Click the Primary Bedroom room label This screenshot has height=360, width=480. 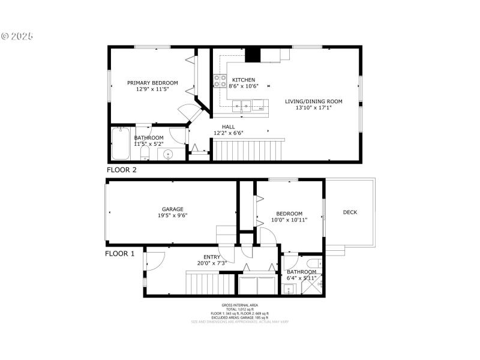152,83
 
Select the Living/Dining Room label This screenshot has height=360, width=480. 313,101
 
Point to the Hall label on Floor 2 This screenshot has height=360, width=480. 229,127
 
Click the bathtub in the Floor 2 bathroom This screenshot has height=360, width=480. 121,143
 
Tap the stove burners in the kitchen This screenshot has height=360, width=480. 220,82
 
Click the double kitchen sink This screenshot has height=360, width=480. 242,107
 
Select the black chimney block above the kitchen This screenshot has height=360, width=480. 253,54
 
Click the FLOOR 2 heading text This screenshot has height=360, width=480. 122,170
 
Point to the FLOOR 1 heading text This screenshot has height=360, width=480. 120,253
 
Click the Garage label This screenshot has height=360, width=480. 172,209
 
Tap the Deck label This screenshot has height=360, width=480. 350,212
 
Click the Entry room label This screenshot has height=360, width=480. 211,256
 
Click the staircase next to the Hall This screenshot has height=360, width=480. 249,150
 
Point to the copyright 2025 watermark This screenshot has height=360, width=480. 17,36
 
